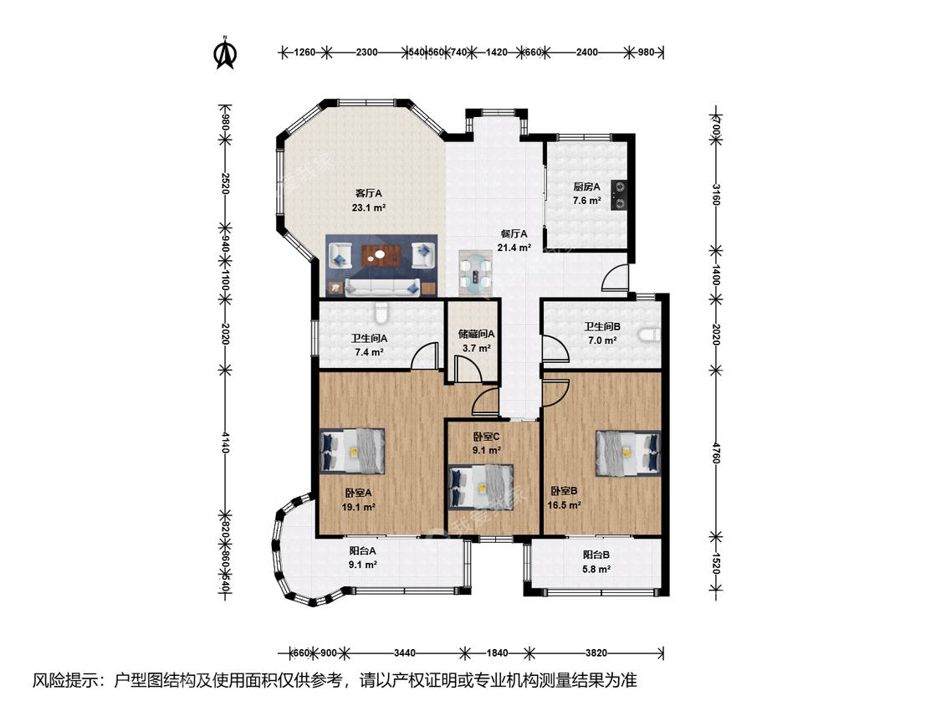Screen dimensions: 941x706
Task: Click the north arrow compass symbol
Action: pyautogui.click(x=225, y=53)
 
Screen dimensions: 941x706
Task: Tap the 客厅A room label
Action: pyautogui.click(x=369, y=193)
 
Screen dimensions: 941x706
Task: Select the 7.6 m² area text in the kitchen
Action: pyautogui.click(x=586, y=201)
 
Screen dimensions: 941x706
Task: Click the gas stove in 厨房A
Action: pyautogui.click(x=619, y=195)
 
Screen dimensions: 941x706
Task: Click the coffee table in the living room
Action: pyautogui.click(x=381, y=255)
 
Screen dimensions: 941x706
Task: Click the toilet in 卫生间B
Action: pyautogui.click(x=651, y=335)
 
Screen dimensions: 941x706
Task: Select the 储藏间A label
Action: pyautogui.click(x=476, y=334)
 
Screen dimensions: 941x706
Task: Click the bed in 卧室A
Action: pyautogui.click(x=352, y=450)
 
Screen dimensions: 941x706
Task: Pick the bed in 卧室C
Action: pyautogui.click(x=481, y=488)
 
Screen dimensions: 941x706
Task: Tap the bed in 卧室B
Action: pyautogui.click(x=627, y=454)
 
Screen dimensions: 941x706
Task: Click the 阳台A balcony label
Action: pyautogui.click(x=362, y=550)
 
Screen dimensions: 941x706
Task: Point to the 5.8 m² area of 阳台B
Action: pyautogui.click(x=596, y=569)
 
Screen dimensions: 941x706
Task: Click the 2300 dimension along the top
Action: pyautogui.click(x=366, y=52)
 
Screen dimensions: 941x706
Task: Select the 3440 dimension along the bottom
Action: pyautogui.click(x=405, y=652)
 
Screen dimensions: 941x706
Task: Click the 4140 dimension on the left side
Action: pyautogui.click(x=225, y=443)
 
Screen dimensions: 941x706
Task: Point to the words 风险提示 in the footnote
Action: pyautogui.click(x=64, y=680)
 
